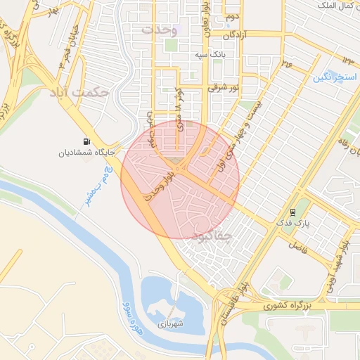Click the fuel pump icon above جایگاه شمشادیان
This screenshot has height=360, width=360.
86,140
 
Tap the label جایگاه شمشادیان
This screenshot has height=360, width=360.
82,150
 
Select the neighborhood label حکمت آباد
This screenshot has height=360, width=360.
79,92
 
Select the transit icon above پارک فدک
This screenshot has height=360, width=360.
292,212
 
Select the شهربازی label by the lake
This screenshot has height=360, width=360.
171,324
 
